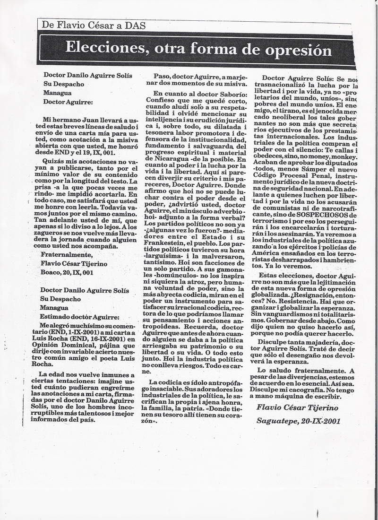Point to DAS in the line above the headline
(x=135, y=26)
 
